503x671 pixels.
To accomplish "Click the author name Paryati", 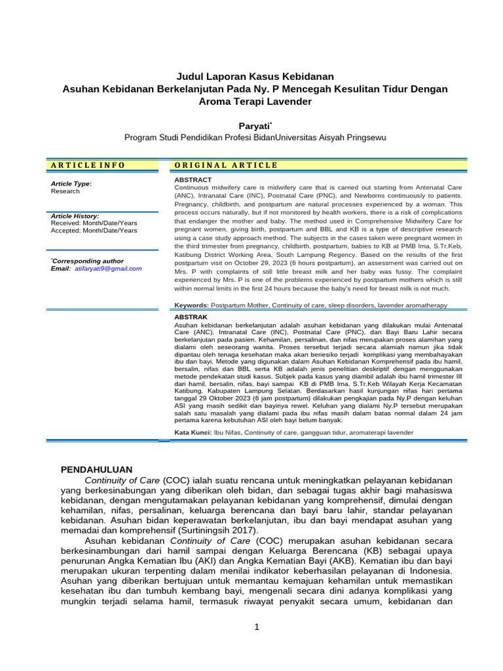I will [x=254, y=125].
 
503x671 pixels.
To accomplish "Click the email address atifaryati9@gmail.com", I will [x=107, y=269].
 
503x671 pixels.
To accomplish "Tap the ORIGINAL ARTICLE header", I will [x=226, y=165].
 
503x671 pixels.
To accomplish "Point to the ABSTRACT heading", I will [x=193, y=180].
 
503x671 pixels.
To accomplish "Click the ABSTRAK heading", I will [x=191, y=316].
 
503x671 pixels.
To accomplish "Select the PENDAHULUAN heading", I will [x=96, y=469].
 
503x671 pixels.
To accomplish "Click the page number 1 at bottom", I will [x=257, y=627].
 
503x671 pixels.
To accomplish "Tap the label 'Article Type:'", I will [x=71, y=183].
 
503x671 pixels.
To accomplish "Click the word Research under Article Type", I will [x=65, y=191].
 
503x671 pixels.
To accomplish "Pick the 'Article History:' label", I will [x=75, y=216].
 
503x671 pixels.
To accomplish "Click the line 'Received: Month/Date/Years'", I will [x=94, y=223].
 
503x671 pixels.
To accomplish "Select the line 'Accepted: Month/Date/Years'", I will [x=94, y=231].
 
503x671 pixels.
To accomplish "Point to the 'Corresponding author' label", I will [x=88, y=261].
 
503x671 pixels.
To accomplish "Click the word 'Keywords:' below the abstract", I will [x=191, y=305].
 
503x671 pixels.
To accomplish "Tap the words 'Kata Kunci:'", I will [x=193, y=433].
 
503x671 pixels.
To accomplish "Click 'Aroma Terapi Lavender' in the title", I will [x=255, y=102].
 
